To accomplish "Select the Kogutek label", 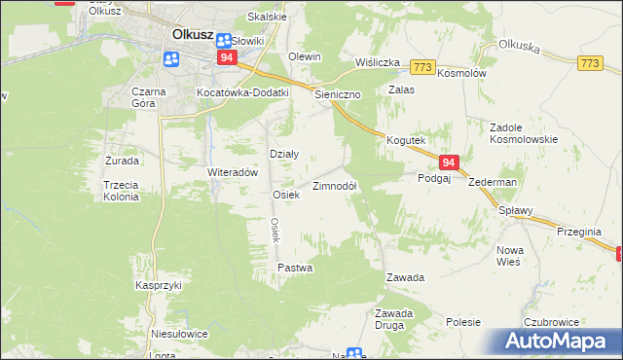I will [406, 140].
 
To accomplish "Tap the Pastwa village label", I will [294, 267].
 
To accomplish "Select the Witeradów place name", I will [232, 171].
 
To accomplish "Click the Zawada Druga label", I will [395, 318].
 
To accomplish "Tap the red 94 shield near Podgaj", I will [448, 162].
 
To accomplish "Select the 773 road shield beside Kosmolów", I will [421, 66].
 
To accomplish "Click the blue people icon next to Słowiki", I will [225, 41].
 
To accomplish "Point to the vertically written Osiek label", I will [275, 230].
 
